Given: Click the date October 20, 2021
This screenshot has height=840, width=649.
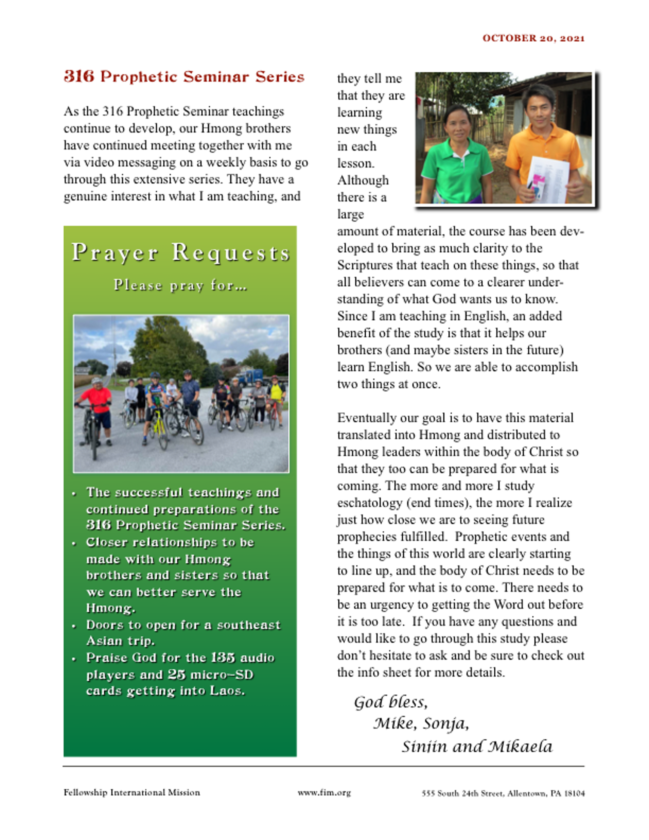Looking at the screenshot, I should coord(533,38).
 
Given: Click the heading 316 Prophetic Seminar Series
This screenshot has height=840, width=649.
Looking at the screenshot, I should coord(184,77).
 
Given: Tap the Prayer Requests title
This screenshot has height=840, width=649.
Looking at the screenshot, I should coord(181,252).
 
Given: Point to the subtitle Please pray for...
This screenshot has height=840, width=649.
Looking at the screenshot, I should coord(180,285).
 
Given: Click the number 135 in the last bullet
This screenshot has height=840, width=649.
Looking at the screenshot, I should coord(223,658).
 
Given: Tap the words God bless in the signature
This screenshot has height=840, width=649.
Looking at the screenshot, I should coord(390,702).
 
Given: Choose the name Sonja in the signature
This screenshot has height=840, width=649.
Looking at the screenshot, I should coord(445,724).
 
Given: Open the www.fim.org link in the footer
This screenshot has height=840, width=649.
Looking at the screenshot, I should coord(324,793).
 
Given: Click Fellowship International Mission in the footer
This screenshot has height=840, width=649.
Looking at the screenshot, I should coord(132,793).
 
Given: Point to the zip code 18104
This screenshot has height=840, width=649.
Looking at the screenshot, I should coord(574,794).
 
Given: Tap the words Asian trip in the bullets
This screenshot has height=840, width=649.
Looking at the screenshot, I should coord(120,641).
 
